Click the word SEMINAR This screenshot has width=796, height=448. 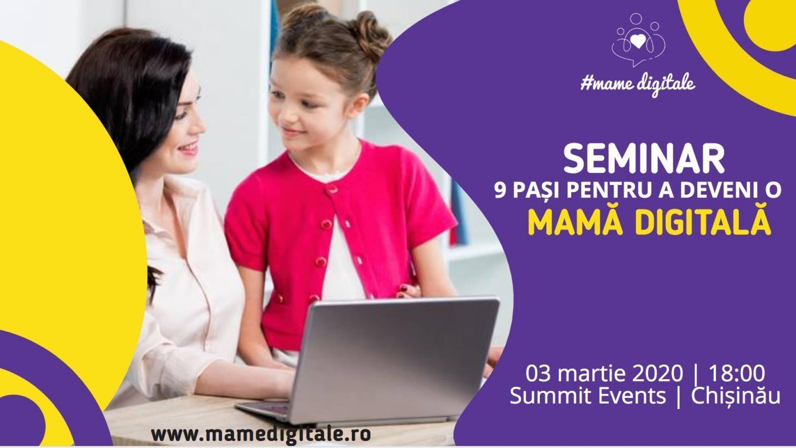click(644, 159)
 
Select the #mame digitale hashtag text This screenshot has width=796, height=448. click(638, 84)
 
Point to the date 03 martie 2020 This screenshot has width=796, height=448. click(604, 374)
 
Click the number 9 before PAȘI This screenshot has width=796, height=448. click(500, 191)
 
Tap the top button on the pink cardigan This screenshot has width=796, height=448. click(331, 190)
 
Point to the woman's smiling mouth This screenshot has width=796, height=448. click(189, 148)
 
